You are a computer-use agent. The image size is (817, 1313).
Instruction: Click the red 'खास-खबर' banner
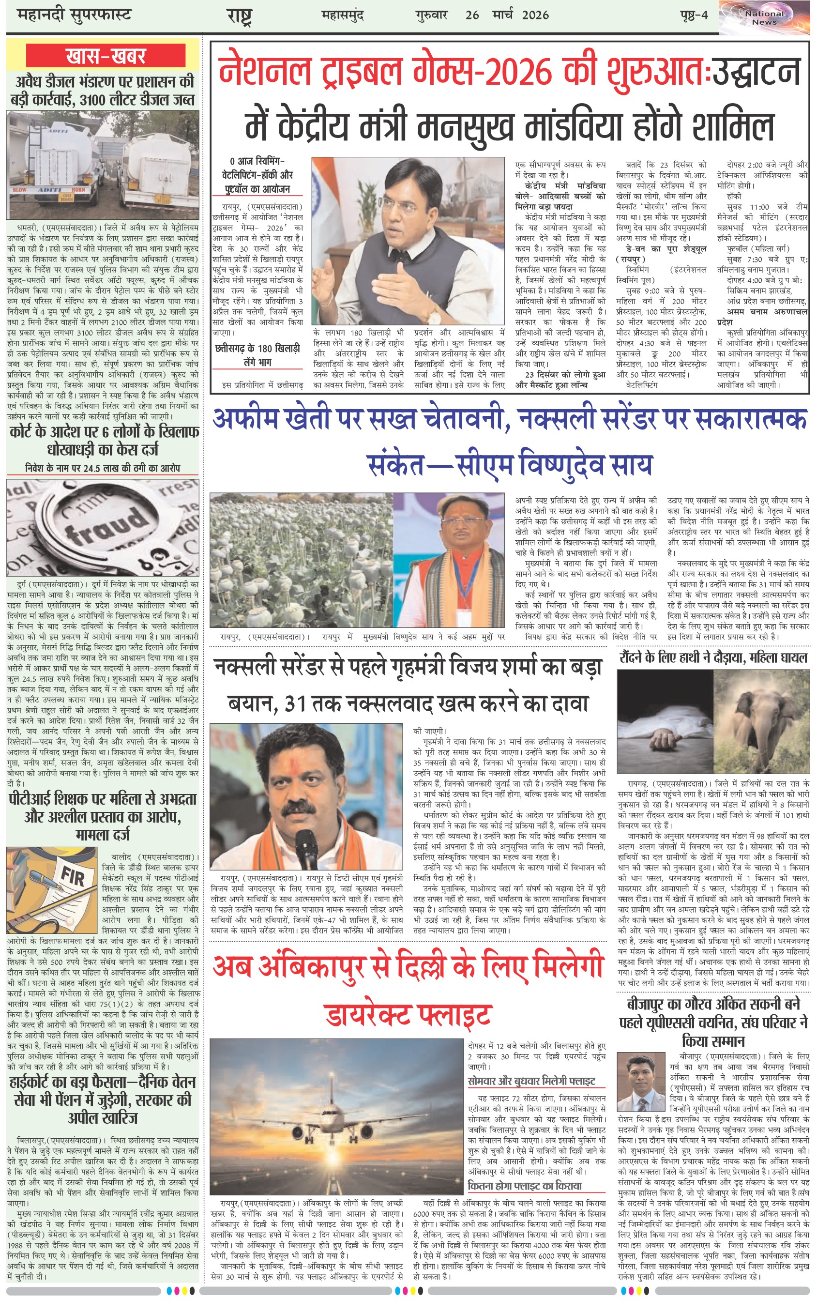tap(106, 56)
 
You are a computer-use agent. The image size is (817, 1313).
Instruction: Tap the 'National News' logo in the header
tap(764, 18)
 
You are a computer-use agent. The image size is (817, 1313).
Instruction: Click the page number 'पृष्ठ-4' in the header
tap(694, 15)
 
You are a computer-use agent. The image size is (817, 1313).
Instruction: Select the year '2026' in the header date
tap(535, 15)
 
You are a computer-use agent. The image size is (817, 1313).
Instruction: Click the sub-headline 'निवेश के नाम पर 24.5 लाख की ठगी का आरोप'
tap(103, 467)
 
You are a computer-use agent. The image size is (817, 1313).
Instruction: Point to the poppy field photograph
tap(301, 560)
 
